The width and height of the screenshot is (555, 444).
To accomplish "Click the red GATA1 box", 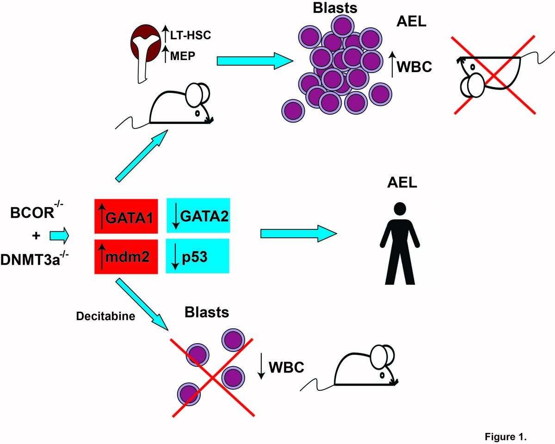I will [127, 216].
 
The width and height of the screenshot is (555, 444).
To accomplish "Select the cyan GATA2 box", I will [198, 216].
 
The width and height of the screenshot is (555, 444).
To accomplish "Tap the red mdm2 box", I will [127, 255].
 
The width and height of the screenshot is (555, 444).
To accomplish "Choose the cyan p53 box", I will [198, 255].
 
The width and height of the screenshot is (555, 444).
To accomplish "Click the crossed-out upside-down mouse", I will [493, 74].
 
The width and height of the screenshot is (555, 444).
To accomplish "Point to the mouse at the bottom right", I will [365, 368].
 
